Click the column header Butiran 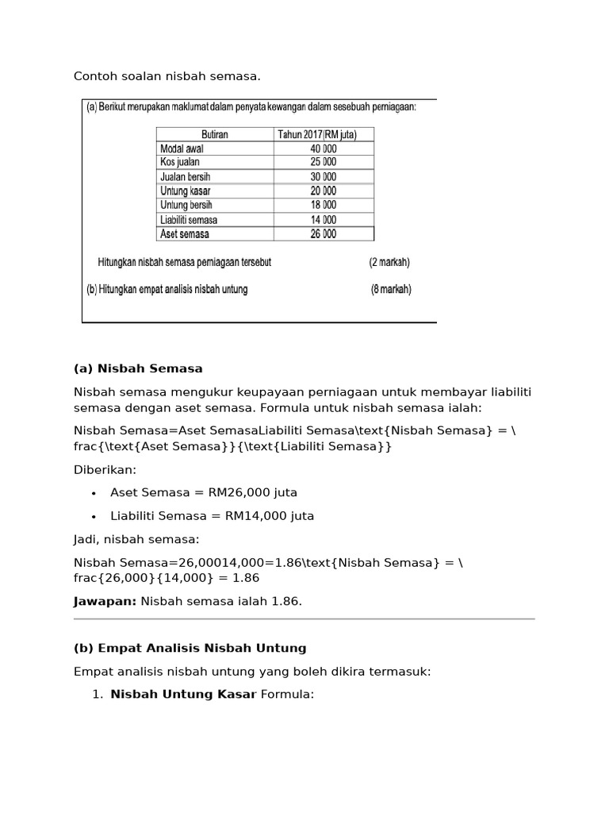point(215,134)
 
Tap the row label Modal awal point(183,148)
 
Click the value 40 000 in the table point(323,148)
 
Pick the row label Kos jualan point(180,162)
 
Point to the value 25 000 point(323,162)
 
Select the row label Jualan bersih point(186,176)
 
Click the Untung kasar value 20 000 point(323,191)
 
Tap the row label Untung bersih point(186,205)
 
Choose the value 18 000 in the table point(323,205)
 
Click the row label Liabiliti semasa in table point(189,219)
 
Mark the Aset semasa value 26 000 point(323,233)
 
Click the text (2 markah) point(389,262)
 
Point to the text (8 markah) point(391,290)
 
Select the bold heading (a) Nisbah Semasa point(138,368)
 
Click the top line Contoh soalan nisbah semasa point(167,76)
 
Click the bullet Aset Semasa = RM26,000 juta point(204,493)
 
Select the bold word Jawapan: point(105,601)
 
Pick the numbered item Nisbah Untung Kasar point(183,695)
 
